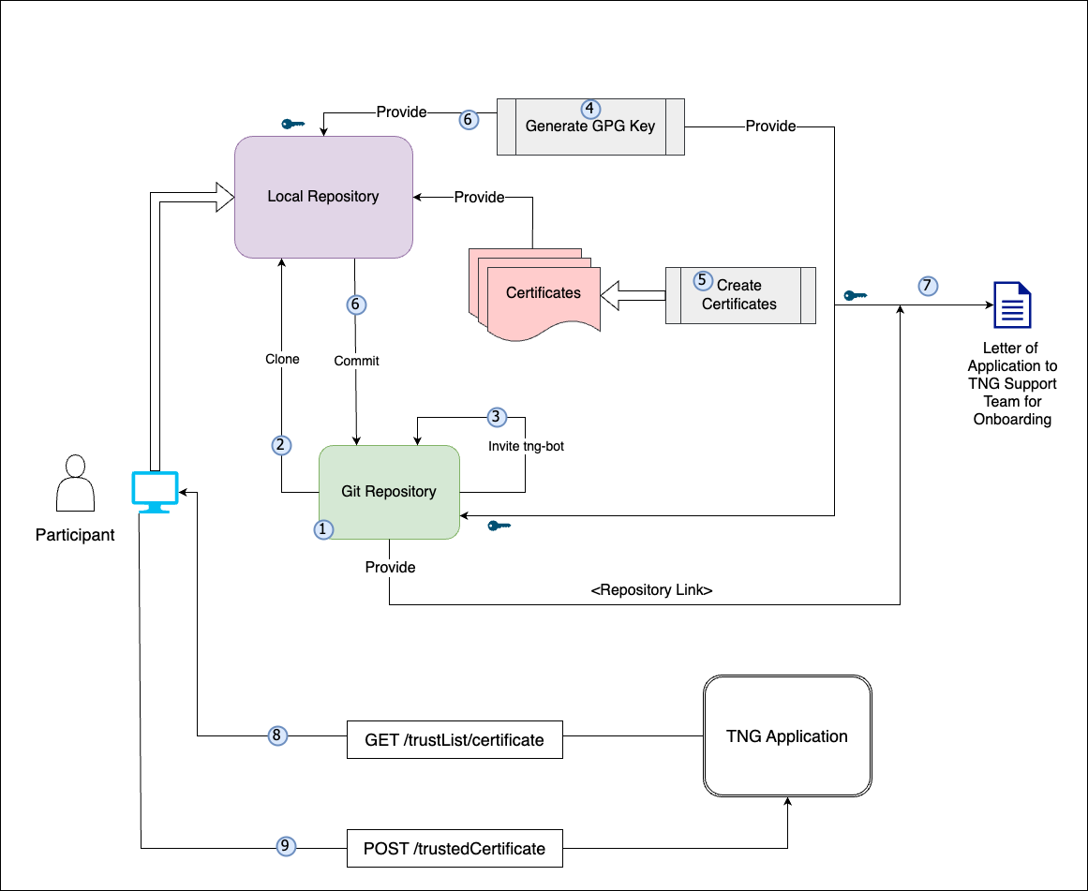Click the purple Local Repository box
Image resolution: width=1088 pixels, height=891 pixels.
pyautogui.click(x=323, y=197)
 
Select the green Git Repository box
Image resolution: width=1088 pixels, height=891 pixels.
pyautogui.click(x=389, y=492)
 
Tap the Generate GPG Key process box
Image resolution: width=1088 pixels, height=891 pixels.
pyautogui.click(x=590, y=126)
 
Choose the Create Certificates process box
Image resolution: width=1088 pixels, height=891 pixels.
pyautogui.click(x=740, y=295)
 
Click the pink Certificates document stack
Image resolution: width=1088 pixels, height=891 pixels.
pyautogui.click(x=539, y=292)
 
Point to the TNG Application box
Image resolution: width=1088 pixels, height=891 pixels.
pyautogui.click(x=787, y=736)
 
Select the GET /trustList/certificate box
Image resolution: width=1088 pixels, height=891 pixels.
pyautogui.click(x=455, y=740)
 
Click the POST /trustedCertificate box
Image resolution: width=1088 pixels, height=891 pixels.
pyautogui.click(x=455, y=849)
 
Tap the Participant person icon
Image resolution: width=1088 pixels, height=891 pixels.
pyautogui.click(x=75, y=483)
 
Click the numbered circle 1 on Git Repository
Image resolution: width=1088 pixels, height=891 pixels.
pyautogui.click(x=322, y=529)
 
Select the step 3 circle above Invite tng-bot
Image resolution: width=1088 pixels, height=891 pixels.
pyautogui.click(x=497, y=417)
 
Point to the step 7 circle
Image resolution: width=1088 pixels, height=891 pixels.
pyautogui.click(x=927, y=286)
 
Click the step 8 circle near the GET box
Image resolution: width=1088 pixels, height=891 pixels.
pyautogui.click(x=277, y=735)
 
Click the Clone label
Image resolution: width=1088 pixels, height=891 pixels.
pyautogui.click(x=282, y=359)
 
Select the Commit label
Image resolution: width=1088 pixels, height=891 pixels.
pyautogui.click(x=356, y=361)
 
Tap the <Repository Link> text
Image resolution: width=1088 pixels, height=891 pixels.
pyautogui.click(x=652, y=591)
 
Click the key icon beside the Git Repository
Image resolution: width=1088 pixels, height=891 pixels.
pyautogui.click(x=499, y=526)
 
